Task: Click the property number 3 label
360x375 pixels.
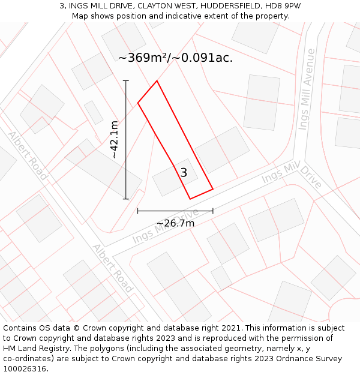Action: pos(184,173)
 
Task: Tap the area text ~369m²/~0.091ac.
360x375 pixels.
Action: pos(175,58)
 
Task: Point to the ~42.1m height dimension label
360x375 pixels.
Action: pos(114,139)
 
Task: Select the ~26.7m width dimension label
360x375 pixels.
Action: pos(175,224)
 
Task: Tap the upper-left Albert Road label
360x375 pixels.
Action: pos(28,155)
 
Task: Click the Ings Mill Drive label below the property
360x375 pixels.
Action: pos(166,226)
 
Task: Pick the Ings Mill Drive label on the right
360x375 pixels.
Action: pos(292,176)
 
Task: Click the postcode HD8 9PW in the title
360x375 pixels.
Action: pos(281,6)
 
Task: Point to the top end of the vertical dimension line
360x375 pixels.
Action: pos(126,80)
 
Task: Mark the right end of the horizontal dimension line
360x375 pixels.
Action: pos(213,211)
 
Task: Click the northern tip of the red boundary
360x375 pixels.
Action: pos(157,81)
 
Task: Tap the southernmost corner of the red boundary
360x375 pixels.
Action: pos(190,199)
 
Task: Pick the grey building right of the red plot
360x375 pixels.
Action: pos(221,150)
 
